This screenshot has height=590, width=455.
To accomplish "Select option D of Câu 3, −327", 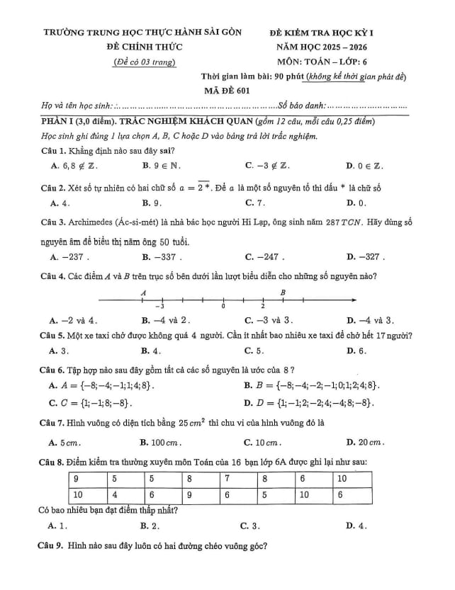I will (x=364, y=257).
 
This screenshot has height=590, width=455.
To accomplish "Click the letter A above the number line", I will (x=143, y=292).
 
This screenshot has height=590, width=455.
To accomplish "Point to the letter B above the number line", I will (x=283, y=292).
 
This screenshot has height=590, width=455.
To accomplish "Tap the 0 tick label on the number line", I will (x=223, y=307).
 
